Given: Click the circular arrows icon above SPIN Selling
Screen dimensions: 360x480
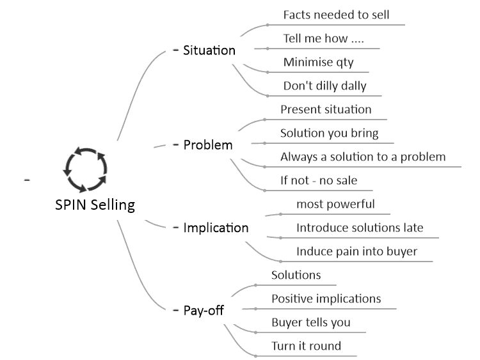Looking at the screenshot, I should (x=86, y=169).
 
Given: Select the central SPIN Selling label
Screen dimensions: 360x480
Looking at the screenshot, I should (x=94, y=205).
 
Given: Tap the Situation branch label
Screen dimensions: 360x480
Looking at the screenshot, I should (x=209, y=50).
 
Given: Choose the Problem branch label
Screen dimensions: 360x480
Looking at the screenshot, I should (x=208, y=145).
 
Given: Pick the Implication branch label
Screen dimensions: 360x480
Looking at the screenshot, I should (x=216, y=227).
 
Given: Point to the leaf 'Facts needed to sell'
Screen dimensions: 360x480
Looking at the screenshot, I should (x=336, y=14).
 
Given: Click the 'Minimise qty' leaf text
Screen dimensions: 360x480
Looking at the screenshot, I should (x=318, y=62).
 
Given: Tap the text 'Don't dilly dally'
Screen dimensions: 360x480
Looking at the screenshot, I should (x=324, y=86).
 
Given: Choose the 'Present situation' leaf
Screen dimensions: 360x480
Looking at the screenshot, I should (x=326, y=109).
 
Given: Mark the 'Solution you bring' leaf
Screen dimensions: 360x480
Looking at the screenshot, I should (x=330, y=133).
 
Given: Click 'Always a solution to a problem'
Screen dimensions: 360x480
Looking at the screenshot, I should (x=363, y=156).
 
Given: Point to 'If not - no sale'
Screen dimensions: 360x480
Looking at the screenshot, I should (x=319, y=180).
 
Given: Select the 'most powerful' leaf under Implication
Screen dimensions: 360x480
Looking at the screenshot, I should (x=335, y=204).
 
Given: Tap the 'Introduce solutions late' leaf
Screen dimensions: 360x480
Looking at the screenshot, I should (x=360, y=228).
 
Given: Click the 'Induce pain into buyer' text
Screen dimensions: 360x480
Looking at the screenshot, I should (x=356, y=251).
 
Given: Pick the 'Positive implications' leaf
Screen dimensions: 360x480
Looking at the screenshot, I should (x=326, y=299).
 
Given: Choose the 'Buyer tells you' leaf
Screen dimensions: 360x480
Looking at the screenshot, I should (x=310, y=322).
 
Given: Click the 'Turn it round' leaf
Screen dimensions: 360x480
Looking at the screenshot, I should (x=306, y=346).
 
